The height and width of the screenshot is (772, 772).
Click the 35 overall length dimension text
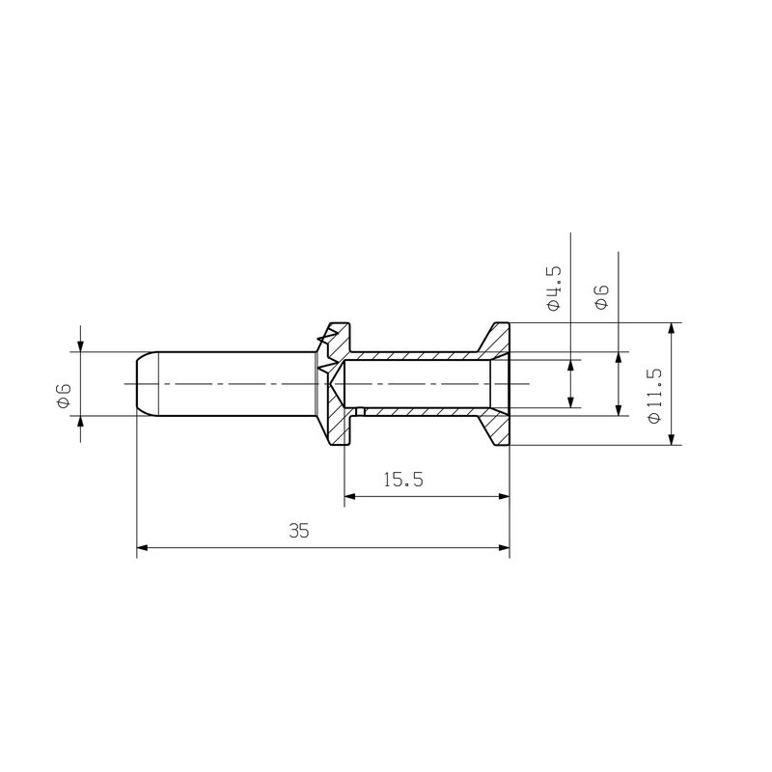[298, 531]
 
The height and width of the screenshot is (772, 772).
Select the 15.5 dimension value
[403, 480]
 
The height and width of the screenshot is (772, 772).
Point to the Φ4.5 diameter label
[554, 287]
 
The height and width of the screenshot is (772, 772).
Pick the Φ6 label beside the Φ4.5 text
[602, 296]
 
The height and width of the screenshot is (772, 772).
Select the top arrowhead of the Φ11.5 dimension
[672, 329]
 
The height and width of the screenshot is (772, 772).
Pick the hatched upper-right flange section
[498, 339]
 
